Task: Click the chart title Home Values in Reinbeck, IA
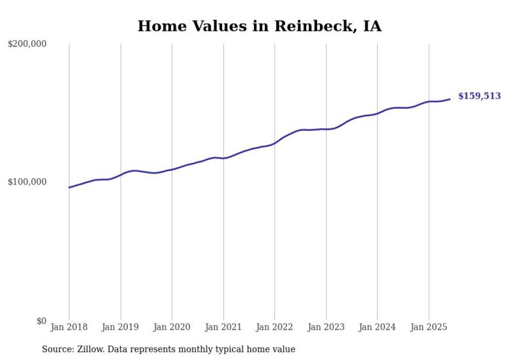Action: (259, 26)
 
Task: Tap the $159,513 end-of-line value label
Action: (479, 96)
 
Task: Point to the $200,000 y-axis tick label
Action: (27, 44)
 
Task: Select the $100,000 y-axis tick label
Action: (27, 182)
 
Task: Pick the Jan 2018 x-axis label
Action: (69, 327)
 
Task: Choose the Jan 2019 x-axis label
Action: (121, 327)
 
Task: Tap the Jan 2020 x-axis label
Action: (172, 327)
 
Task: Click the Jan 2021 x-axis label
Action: (223, 327)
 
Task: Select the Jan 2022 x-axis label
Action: (275, 327)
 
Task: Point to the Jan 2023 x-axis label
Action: (326, 327)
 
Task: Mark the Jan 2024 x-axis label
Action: (377, 327)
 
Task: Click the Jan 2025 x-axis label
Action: (429, 327)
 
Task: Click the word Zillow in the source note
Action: (90, 349)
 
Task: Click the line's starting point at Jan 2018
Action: (69, 187)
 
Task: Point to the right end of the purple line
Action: (450, 99)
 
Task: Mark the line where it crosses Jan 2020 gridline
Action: (172, 169)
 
